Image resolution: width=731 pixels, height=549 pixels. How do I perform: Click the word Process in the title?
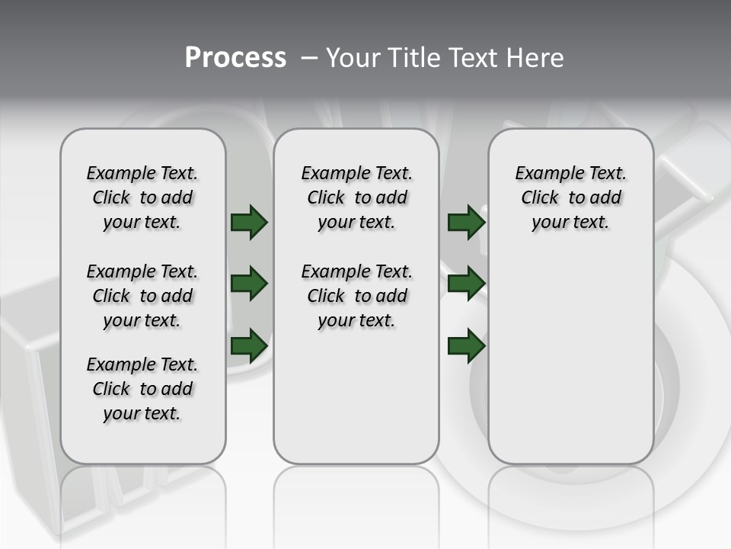tap(235, 58)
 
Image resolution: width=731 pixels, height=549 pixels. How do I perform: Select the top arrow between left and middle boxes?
tap(249, 222)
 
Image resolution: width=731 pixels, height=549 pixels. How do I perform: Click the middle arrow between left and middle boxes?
tap(249, 284)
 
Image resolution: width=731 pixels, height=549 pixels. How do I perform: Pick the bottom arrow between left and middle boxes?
tap(249, 345)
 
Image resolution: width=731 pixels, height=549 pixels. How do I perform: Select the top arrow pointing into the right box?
tap(466, 222)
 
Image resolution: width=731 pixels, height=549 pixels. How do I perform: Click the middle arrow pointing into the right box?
tap(466, 284)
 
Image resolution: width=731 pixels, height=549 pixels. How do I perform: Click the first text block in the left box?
tap(142, 197)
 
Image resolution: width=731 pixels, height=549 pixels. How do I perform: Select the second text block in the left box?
tap(142, 296)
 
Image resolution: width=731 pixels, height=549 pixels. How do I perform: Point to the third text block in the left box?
tap(142, 389)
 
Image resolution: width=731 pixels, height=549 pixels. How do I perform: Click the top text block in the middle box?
tap(356, 197)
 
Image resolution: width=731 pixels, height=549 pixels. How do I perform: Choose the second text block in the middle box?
tap(356, 296)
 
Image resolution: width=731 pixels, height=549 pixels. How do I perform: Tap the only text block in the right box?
tap(570, 197)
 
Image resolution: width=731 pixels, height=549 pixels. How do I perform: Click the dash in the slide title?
tap(310, 58)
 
